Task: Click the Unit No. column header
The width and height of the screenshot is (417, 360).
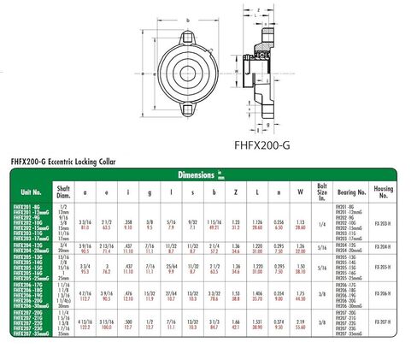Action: point(31,193)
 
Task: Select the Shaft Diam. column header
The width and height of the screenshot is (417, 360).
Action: point(62,193)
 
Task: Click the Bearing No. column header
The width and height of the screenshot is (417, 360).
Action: point(349,193)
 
